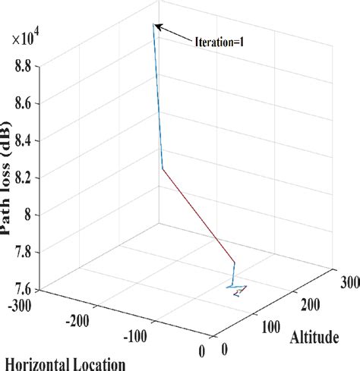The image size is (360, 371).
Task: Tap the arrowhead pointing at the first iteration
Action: [x=156, y=27]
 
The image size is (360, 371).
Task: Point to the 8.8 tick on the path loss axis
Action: [x=24, y=67]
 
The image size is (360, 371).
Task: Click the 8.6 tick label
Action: [x=24, y=102]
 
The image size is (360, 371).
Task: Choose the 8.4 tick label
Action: [x=24, y=140]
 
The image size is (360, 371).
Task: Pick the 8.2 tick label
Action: [x=24, y=177]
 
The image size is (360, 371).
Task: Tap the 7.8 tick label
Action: [x=24, y=252]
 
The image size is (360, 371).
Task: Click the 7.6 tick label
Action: [x=24, y=288]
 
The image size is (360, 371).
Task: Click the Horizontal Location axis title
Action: [x=64, y=363]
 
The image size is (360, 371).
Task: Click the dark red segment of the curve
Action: [x=199, y=215]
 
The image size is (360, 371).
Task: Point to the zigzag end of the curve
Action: [x=238, y=288]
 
